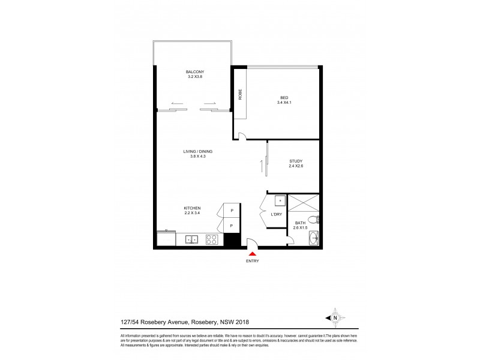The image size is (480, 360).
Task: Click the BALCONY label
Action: (x=195, y=71)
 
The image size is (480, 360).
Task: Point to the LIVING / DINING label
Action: (x=197, y=151)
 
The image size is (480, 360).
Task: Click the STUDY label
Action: (x=295, y=161)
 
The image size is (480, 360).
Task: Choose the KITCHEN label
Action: (x=192, y=208)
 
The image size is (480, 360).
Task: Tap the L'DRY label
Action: (x=276, y=214)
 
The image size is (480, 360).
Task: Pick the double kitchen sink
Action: (x=192, y=239)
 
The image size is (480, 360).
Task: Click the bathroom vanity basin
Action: (x=314, y=239)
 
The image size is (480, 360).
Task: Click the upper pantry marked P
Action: (x=232, y=210)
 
